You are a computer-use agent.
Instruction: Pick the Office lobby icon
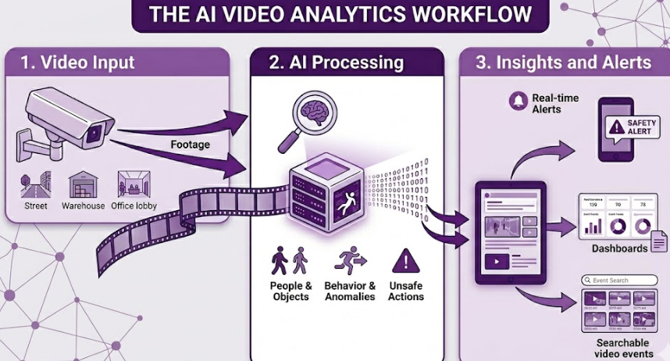(134, 185)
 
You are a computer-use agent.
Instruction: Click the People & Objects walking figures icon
(290, 261)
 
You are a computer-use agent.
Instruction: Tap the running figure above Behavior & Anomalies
(350, 261)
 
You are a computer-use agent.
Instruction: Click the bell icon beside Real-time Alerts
(517, 100)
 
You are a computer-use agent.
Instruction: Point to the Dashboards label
(619, 248)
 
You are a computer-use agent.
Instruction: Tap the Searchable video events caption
(622, 348)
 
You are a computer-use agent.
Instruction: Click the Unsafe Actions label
(405, 291)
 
